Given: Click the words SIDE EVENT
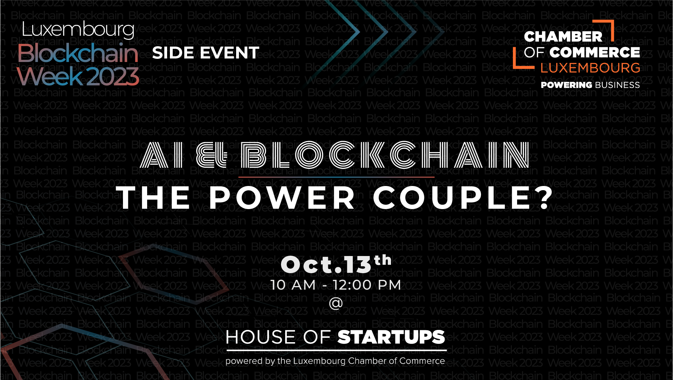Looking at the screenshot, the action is [x=206, y=53].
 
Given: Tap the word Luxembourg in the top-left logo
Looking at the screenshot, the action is [x=78, y=30].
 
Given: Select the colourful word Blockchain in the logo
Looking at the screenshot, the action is [x=78, y=53].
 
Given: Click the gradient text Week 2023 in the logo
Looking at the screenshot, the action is [x=78, y=76].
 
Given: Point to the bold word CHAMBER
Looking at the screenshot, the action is [x=563, y=36].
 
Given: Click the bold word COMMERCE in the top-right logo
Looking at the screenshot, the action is [x=595, y=53].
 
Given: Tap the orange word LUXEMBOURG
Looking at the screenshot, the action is [x=590, y=68].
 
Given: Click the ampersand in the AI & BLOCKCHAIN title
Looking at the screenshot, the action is [x=212, y=155].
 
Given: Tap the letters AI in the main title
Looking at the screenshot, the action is [x=162, y=155].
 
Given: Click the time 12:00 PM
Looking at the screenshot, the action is [x=367, y=285].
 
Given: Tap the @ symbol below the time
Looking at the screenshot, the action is [x=336, y=303].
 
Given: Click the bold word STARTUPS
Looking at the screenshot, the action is [x=391, y=337].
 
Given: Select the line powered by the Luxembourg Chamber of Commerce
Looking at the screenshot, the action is [x=335, y=361].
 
